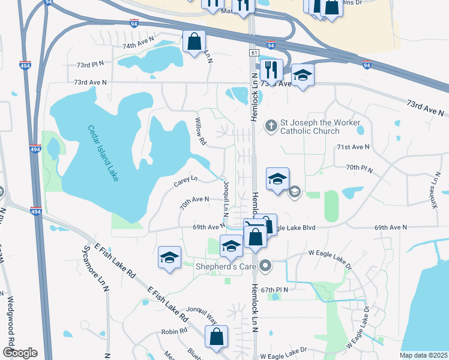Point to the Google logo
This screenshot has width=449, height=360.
click(x=19, y=353)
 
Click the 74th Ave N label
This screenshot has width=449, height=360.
click(x=138, y=46)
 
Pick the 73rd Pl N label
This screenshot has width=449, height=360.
click(x=89, y=63)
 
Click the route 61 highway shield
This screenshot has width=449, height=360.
click(x=254, y=53)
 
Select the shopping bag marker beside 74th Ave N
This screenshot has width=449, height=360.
click(x=194, y=42)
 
